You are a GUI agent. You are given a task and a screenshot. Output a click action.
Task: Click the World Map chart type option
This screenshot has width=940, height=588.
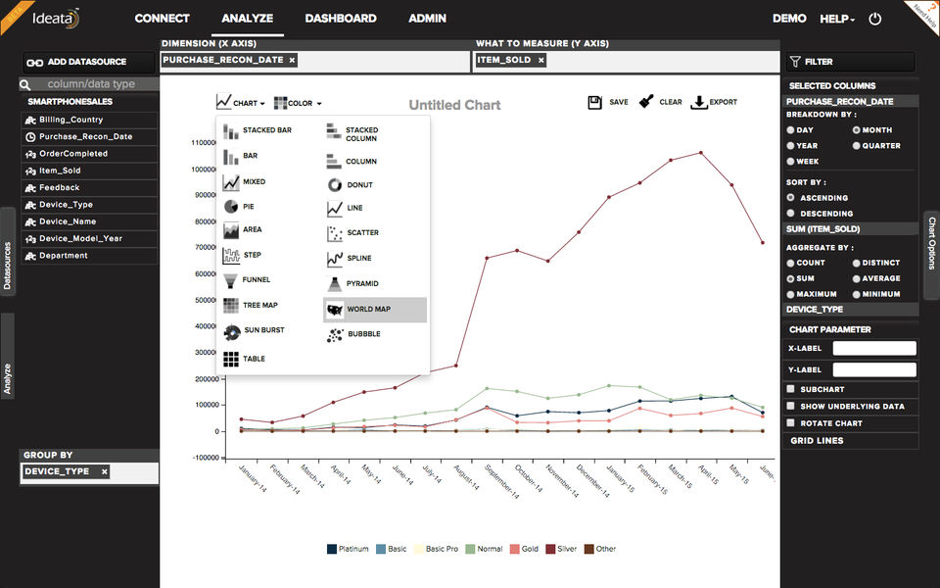tap(368, 310)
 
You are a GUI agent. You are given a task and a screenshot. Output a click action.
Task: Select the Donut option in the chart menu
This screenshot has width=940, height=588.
tap(359, 185)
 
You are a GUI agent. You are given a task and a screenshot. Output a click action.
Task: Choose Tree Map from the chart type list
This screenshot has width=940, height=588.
tap(259, 306)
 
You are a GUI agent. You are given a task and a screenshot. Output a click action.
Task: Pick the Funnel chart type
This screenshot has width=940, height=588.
tap(256, 280)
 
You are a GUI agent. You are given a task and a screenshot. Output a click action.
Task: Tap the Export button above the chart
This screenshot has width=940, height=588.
tap(715, 102)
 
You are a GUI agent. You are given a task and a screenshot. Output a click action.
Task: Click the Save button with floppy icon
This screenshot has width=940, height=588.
tap(608, 102)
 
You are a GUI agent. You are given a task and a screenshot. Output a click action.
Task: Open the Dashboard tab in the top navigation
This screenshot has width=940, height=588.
tap(341, 19)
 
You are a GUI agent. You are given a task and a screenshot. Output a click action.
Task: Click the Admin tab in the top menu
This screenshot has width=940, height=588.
tap(427, 19)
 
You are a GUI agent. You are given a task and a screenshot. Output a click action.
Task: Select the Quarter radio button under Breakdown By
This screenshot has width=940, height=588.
tap(857, 146)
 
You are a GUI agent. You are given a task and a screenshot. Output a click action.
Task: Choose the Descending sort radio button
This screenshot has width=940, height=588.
tap(791, 214)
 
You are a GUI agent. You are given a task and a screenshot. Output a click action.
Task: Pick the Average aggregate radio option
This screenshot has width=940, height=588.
tap(857, 278)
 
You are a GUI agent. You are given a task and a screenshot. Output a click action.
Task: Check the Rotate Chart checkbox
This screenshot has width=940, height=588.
tap(791, 423)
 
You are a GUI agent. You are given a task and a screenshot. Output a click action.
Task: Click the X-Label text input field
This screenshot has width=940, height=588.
tap(873, 348)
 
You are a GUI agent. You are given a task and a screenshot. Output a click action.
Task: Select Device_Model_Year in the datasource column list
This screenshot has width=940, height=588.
tap(81, 239)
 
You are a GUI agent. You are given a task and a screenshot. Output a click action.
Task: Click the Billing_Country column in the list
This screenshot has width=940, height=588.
tap(70, 120)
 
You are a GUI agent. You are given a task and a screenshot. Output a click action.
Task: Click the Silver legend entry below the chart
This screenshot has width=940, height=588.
tap(561, 549)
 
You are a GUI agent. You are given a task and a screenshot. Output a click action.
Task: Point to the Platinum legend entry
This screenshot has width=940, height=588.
tap(348, 549)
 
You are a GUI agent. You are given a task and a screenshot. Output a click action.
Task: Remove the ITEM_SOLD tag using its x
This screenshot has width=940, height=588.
tap(540, 61)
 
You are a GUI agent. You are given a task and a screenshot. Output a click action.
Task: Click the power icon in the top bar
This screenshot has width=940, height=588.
tap(875, 19)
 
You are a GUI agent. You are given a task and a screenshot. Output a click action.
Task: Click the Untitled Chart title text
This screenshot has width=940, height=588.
tap(454, 106)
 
